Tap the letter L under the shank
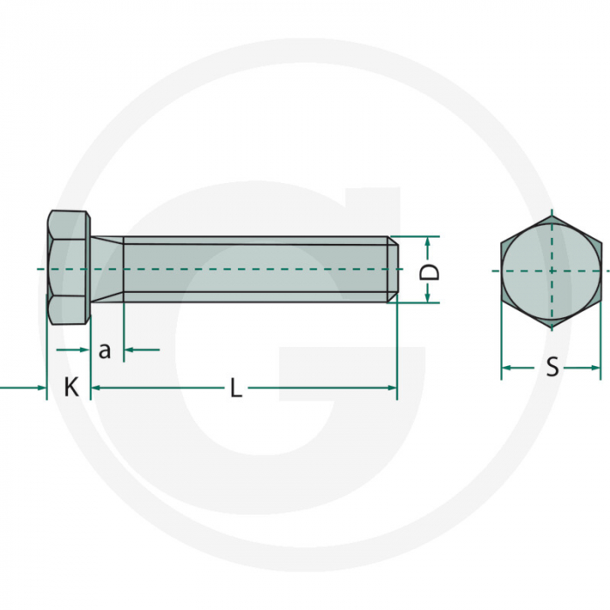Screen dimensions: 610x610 235,389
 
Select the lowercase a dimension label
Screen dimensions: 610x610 105,350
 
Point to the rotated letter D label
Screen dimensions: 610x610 430,270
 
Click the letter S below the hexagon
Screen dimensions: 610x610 552,368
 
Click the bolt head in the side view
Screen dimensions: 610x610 69,268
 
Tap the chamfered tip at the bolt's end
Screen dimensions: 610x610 393,268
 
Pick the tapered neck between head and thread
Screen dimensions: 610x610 107,268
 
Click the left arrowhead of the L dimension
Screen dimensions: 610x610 96,387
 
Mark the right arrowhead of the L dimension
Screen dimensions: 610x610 391,387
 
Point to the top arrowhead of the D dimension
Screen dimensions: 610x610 429,241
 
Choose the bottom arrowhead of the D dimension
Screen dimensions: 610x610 429,298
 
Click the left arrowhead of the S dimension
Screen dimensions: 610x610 506,368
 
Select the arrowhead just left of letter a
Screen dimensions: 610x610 85,350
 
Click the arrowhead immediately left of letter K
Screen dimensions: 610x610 40,387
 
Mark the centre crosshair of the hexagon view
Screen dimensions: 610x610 551,270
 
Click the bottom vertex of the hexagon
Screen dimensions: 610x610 551,328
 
